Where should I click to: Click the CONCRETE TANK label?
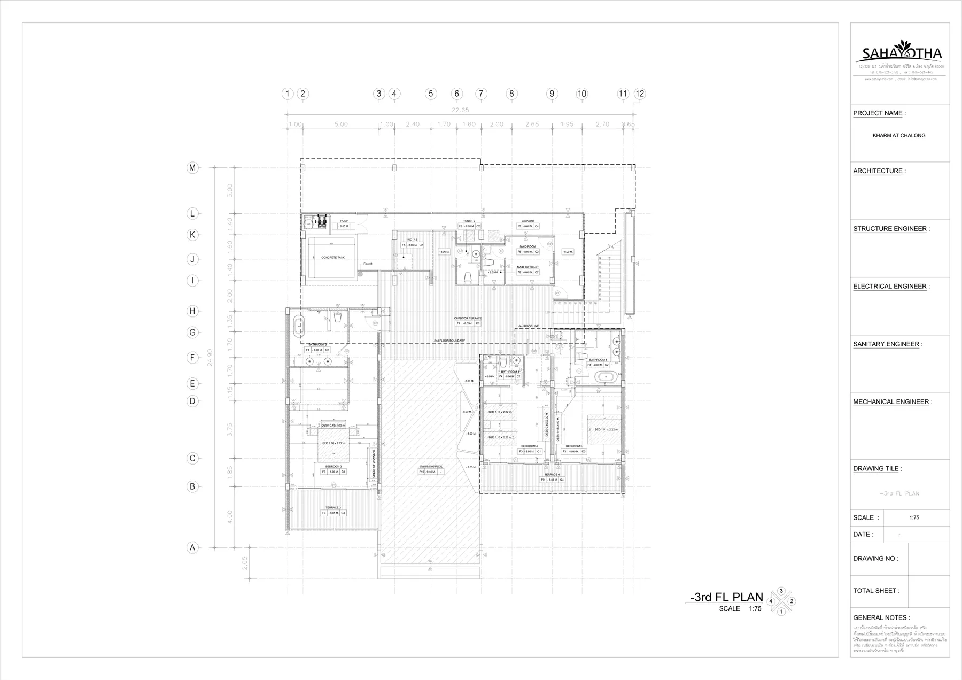click(333, 258)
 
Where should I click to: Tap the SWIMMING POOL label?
click(431, 467)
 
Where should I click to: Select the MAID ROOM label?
click(527, 246)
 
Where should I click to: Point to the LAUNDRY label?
click(528, 221)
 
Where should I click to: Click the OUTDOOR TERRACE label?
click(468, 318)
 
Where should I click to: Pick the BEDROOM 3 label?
click(333, 467)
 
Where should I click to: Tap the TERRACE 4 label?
click(552, 475)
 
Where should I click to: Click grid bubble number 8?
click(511, 94)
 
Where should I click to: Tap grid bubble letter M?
click(192, 168)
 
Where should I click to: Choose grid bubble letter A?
click(192, 547)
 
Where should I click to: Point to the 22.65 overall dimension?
click(460, 110)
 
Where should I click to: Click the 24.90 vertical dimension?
click(210, 357)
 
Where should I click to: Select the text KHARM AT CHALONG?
click(899, 136)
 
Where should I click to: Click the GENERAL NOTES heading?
click(881, 617)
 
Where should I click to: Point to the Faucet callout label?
click(368, 264)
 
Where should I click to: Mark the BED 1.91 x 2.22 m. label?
click(606, 429)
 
